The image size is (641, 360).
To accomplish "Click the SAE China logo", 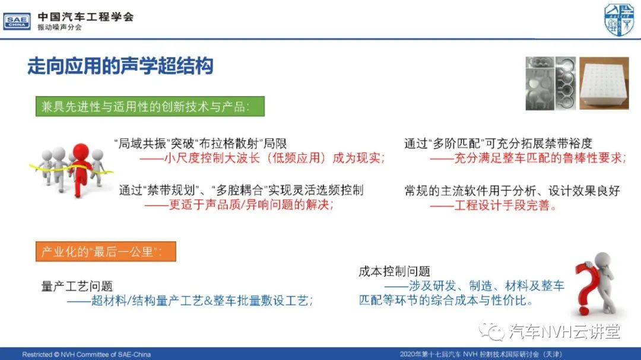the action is tap(17, 21).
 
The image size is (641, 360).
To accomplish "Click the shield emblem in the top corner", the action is tap(619, 20).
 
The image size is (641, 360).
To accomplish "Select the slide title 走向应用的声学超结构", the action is tap(120, 66).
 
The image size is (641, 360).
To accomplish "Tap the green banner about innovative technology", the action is tap(150, 106).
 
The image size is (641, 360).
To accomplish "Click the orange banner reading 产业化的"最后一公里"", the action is tap(106, 251).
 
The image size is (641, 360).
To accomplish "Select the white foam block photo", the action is tap(604, 84).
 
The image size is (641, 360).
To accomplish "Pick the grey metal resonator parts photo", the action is tap(551, 84).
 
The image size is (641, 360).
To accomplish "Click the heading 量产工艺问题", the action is tap(77, 286).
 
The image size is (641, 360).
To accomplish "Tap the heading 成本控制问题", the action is tap(394, 271).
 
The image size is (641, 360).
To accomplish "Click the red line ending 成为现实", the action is tap(262, 158).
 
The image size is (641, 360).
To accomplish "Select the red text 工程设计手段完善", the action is tap(493, 205).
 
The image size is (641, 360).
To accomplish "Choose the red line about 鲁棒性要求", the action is tap(528, 158).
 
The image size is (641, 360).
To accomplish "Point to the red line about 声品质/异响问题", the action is tap(239, 204).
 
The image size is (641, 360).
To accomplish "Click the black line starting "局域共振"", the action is tap(201, 144).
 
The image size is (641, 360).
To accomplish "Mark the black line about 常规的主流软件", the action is tap(512, 190).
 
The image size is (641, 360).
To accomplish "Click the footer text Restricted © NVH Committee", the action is tap(86, 354).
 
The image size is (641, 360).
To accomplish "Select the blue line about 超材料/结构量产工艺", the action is tap(190, 301).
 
